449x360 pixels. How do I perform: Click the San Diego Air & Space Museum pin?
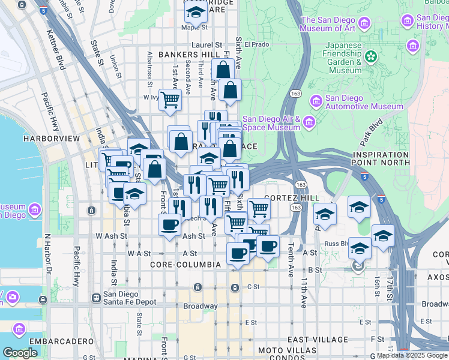click(309, 123)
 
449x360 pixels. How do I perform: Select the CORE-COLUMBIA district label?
click(179, 264)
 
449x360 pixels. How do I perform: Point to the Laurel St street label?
click(206, 45)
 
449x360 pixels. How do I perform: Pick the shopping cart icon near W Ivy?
click(170, 98)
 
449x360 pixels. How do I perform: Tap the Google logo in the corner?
click(20, 353)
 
